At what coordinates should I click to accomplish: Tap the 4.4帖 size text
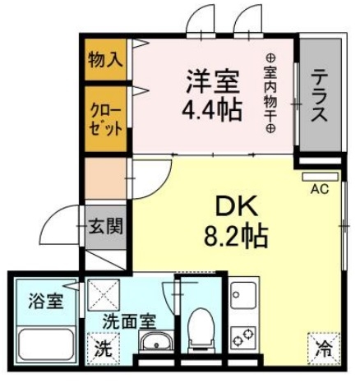click(211, 108)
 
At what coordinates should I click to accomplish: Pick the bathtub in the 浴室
click(43, 344)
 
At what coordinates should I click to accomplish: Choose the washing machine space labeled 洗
click(104, 348)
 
